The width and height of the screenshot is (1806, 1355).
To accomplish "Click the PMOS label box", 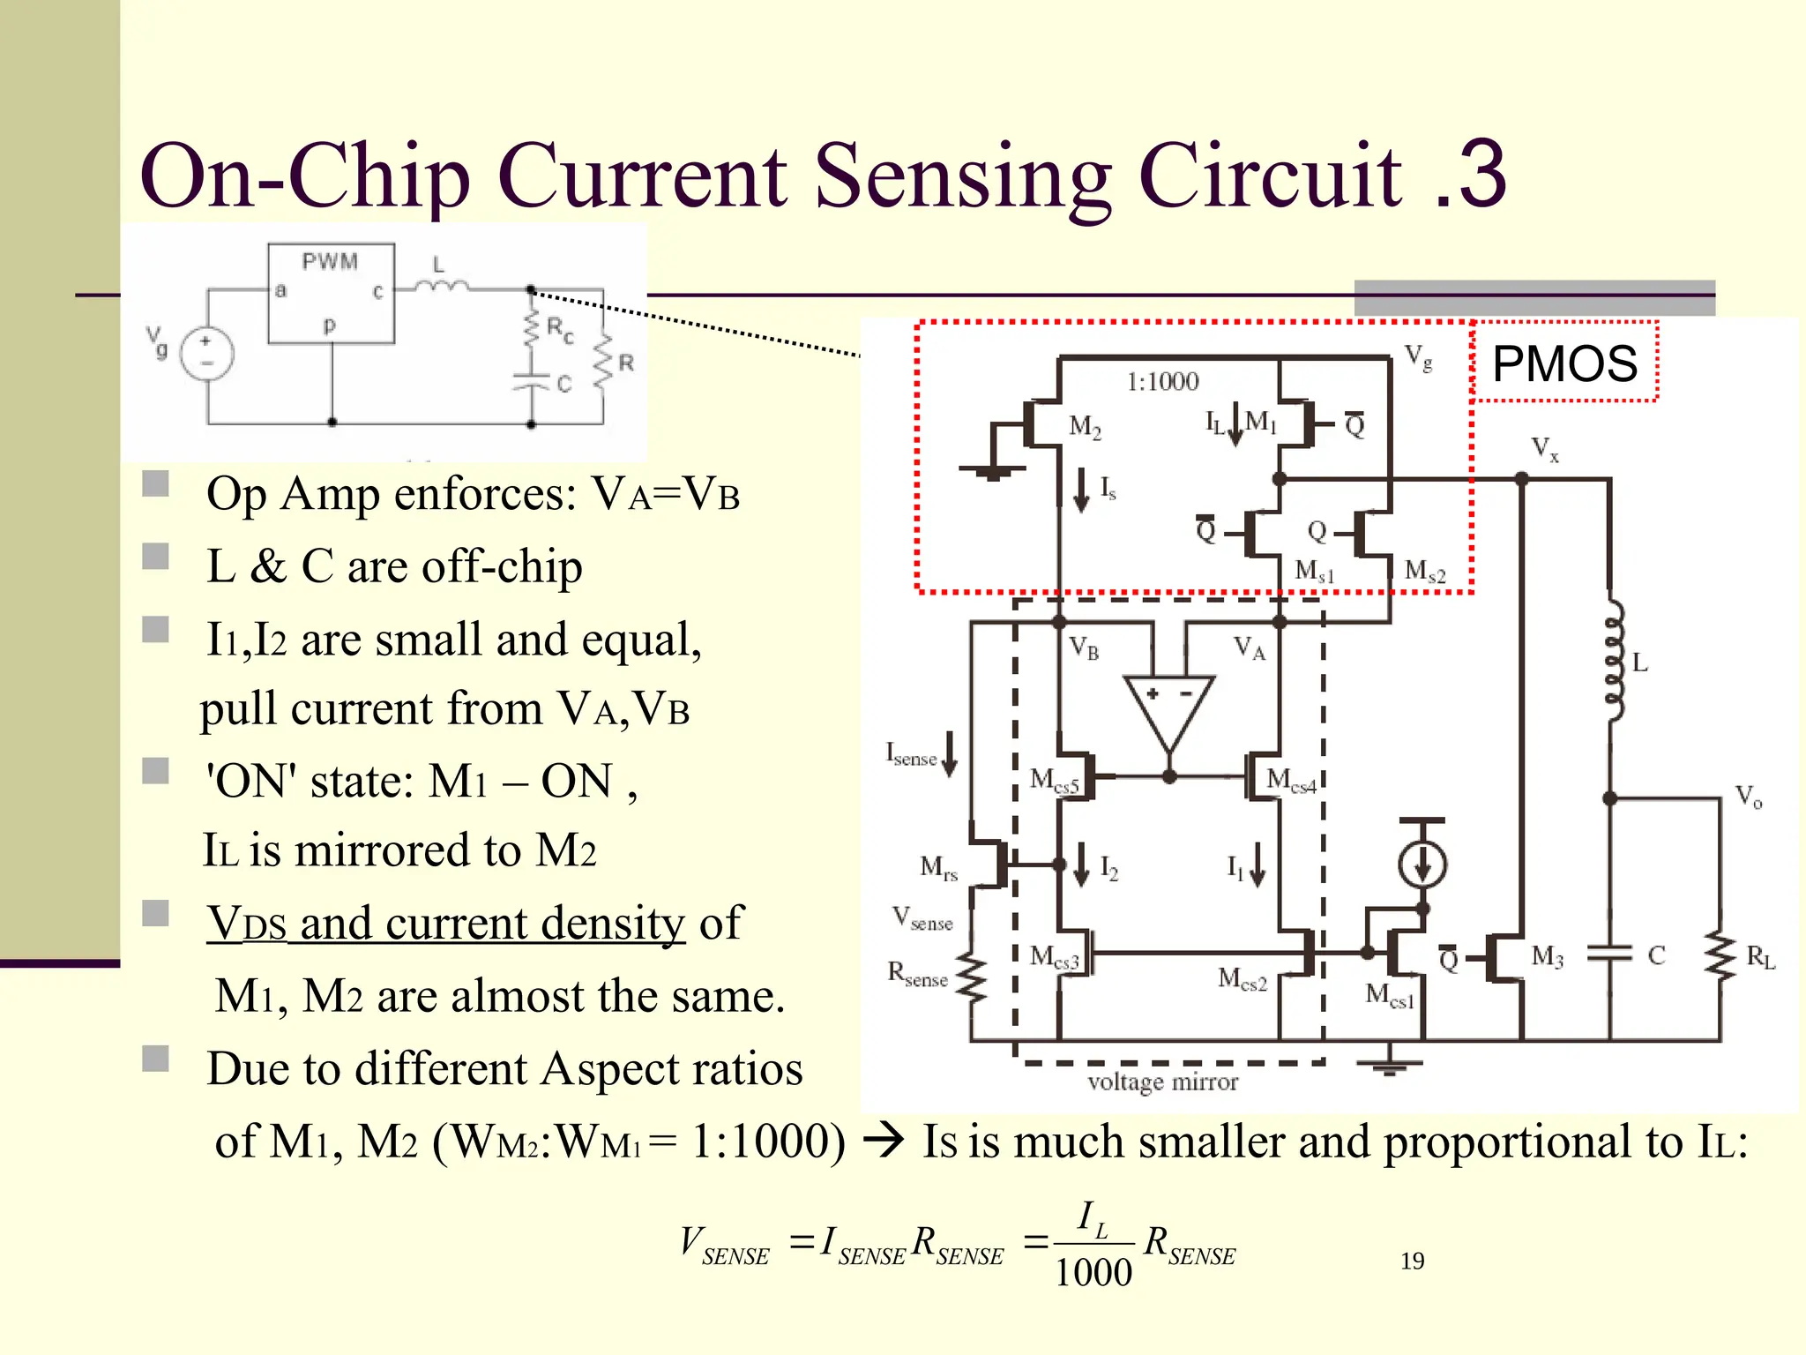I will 1564,363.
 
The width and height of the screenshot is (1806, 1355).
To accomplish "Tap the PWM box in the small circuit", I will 331,294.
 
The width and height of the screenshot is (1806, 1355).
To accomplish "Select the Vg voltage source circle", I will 206,353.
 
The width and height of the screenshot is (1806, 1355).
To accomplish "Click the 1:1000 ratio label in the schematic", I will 1162,382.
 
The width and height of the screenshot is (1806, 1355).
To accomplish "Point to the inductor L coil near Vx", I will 1613,662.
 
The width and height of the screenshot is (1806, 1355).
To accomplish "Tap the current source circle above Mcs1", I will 1422,865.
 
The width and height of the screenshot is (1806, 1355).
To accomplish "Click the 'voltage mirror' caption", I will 1162,1082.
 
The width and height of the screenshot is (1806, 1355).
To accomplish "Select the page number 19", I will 1412,1261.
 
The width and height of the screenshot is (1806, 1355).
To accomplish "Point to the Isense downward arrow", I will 950,754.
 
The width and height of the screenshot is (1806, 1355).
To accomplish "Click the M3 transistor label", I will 1547,956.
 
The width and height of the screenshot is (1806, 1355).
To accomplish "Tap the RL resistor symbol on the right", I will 1720,956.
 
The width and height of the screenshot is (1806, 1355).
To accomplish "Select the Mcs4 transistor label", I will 1290,780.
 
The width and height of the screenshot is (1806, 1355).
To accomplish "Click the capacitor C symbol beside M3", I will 1610,954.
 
